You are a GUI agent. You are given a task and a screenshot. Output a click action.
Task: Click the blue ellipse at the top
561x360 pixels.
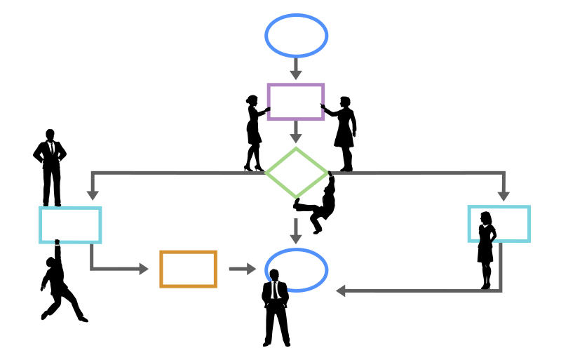[296, 36]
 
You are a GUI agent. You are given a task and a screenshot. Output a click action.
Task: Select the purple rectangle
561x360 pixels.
[296, 102]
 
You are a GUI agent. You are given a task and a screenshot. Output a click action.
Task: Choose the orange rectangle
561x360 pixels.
[188, 269]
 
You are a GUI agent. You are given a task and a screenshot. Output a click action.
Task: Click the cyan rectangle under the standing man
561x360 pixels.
[70, 225]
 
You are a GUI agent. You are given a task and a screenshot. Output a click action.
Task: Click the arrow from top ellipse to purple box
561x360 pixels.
[296, 68]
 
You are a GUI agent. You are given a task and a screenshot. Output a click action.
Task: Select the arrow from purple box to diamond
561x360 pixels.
[296, 132]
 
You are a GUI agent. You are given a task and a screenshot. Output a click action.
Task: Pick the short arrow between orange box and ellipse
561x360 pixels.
[242, 269]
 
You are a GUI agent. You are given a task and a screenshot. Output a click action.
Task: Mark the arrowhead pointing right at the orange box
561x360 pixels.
[143, 269]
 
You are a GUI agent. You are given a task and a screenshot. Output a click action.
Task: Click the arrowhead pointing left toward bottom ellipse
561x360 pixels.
[342, 291]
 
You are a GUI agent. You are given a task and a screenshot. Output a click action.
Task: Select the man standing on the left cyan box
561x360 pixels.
[50, 167]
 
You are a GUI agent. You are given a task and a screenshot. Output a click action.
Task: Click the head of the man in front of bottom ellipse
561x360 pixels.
[274, 275]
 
